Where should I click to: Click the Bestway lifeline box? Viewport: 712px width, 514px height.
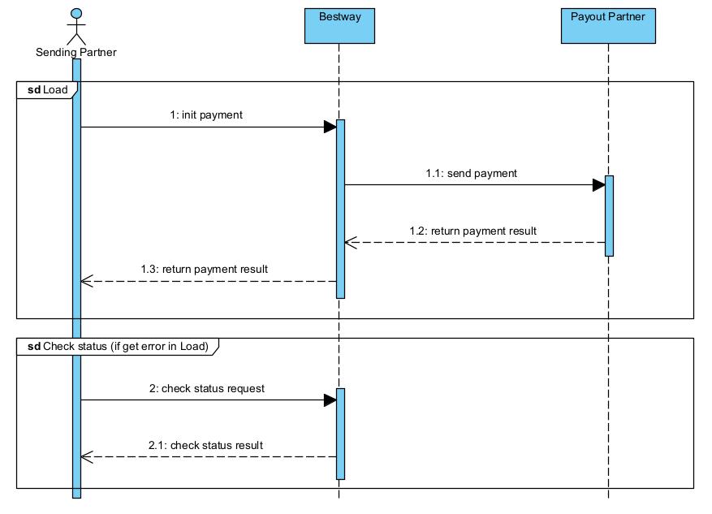coord(339,25)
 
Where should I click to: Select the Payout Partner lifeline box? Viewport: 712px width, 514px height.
coord(607,25)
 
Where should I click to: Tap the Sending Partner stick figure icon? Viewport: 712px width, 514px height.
coord(76,26)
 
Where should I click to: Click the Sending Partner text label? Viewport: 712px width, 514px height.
coord(76,53)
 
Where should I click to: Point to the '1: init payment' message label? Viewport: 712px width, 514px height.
coord(206,115)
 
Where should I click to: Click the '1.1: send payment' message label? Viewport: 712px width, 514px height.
coord(471,173)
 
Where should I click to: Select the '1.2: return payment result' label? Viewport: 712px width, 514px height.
coord(473,231)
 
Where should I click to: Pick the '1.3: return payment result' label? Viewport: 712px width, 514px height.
coord(204,269)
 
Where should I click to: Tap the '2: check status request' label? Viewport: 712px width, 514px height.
coord(206,388)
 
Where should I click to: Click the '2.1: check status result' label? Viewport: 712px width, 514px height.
coord(205,445)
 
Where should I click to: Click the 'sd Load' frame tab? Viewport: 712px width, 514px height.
coord(47,89)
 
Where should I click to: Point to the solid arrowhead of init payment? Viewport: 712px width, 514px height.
coord(330,127)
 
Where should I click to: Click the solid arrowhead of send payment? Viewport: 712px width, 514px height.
coord(598,184)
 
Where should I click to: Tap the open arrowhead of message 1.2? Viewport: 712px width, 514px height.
coord(351,242)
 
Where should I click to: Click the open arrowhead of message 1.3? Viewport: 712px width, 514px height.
coord(88,281)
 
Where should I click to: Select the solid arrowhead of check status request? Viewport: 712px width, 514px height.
coord(330,400)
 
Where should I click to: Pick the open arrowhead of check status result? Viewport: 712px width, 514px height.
coord(88,456)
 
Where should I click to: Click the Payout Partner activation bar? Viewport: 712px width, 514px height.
coord(608,215)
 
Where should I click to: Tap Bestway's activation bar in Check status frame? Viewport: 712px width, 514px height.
coord(340,433)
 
